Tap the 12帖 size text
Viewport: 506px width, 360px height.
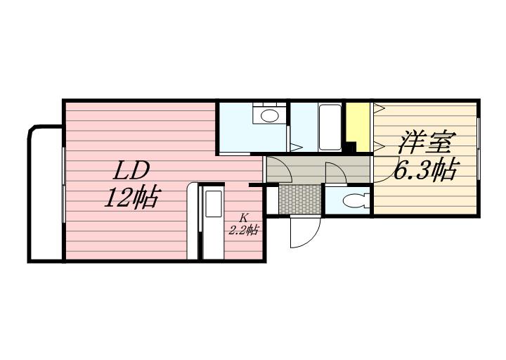(x=131, y=197)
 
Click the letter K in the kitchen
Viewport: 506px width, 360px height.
(x=244, y=217)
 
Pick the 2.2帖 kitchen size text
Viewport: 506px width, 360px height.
(x=244, y=230)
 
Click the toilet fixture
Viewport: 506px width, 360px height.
(x=354, y=201)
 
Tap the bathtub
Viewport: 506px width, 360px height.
(x=330, y=127)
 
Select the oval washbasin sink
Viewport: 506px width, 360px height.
(x=269, y=115)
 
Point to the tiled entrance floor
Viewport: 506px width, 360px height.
(x=300, y=200)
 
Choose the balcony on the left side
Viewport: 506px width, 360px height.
(x=46, y=194)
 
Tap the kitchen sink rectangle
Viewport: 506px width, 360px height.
(x=214, y=204)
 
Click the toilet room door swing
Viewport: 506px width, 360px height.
(x=336, y=173)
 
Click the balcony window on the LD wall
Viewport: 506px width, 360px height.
(x=64, y=185)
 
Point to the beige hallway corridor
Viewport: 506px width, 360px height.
(x=318, y=169)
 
